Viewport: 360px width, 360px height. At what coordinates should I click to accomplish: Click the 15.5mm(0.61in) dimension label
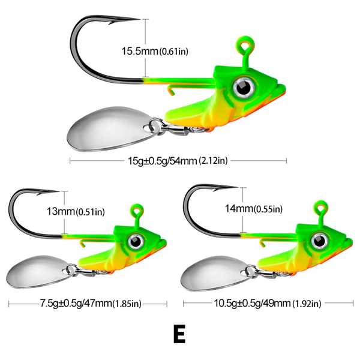[155, 51]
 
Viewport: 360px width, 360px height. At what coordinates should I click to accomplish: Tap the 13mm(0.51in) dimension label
[76, 211]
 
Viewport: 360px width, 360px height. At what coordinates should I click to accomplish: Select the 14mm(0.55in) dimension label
[253, 209]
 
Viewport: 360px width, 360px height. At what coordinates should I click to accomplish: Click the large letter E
[179, 334]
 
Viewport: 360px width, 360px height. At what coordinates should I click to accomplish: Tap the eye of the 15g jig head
[244, 87]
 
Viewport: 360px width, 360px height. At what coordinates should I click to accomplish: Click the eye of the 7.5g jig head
[136, 241]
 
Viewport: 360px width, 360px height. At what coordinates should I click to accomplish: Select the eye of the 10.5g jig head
[319, 241]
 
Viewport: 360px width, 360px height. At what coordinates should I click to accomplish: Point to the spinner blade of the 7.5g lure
[38, 272]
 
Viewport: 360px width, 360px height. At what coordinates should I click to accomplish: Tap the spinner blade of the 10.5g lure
[215, 274]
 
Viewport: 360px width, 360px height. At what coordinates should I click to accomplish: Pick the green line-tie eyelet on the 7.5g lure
[137, 211]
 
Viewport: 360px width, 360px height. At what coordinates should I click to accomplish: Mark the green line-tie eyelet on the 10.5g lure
[321, 208]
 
